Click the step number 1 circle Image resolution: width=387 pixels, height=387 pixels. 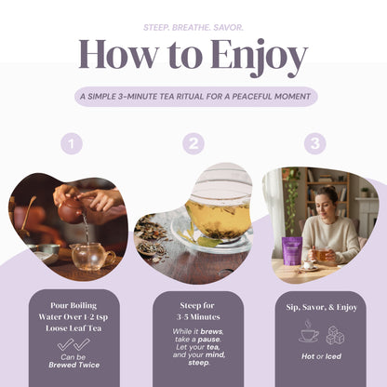(x=71, y=143)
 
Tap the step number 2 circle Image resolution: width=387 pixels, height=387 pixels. (x=193, y=143)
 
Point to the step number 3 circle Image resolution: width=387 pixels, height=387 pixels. (x=314, y=143)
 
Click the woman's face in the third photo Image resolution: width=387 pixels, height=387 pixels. (x=329, y=199)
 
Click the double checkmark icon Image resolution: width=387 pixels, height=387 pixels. (x=73, y=344)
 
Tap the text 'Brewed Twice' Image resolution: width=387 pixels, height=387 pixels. (x=73, y=366)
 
